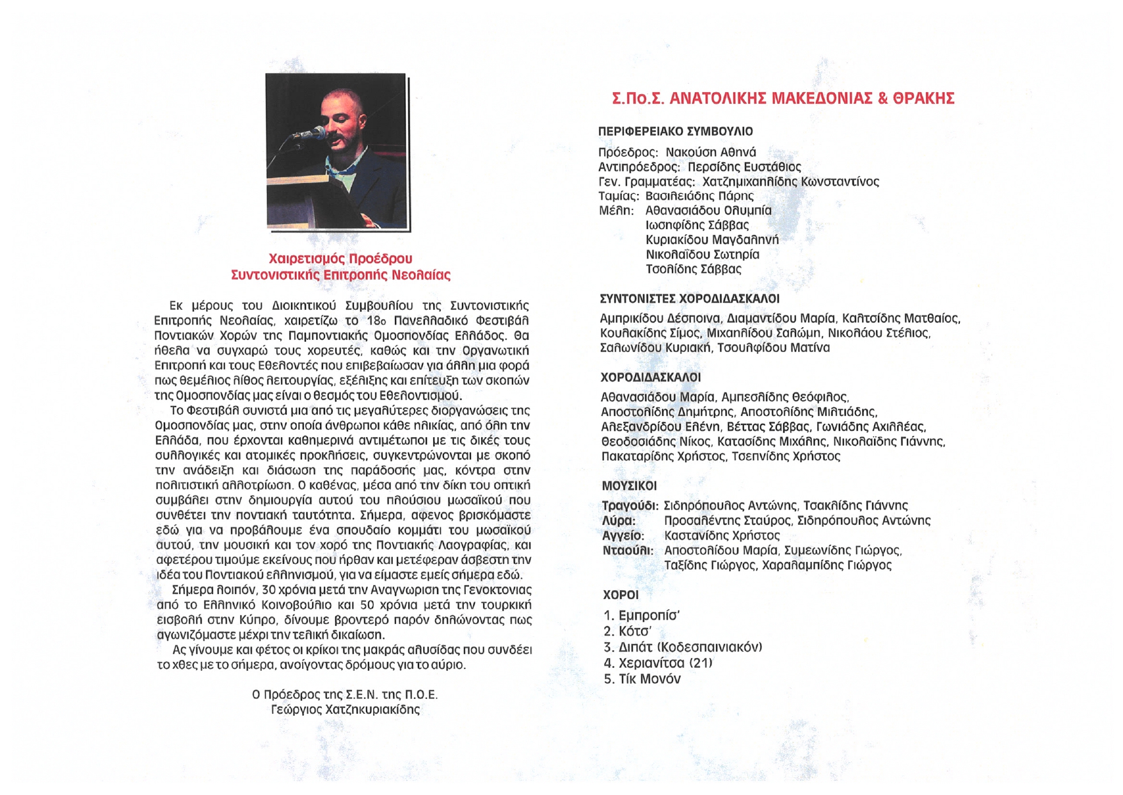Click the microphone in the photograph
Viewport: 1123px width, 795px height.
click(x=312, y=134)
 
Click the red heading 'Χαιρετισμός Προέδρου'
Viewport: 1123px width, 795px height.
click(x=340, y=259)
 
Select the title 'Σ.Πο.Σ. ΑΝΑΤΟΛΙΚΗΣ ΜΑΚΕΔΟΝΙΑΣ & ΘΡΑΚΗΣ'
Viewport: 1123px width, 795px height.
click(x=783, y=99)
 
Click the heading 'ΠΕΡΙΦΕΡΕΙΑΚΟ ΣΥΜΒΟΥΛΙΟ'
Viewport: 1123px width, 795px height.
click(x=675, y=131)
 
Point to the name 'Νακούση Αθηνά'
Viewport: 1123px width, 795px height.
click(x=710, y=152)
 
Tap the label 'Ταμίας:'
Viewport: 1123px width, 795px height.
click(x=618, y=196)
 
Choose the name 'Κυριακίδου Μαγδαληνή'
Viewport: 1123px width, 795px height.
click(x=712, y=239)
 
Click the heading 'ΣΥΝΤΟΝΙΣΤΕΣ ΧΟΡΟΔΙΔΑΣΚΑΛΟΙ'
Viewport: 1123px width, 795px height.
click(x=689, y=299)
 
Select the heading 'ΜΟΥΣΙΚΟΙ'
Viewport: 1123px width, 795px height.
click(x=629, y=486)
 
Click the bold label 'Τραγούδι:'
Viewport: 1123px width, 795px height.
click(x=630, y=506)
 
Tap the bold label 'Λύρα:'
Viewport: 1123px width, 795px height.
click(x=618, y=520)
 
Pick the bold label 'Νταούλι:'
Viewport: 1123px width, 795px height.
click(x=627, y=550)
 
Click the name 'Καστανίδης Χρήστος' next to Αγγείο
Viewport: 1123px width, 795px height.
click(x=722, y=535)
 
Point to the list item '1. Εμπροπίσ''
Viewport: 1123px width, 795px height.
click(x=641, y=616)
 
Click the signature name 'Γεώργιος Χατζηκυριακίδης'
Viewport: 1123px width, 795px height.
click(x=345, y=709)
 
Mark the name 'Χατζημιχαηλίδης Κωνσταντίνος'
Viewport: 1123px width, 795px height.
click(x=790, y=182)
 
